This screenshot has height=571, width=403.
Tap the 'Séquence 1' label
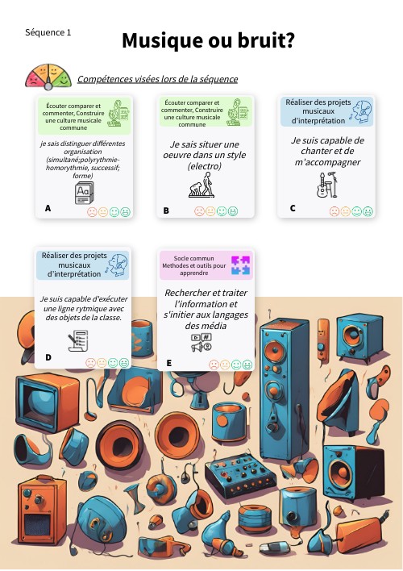point(48,32)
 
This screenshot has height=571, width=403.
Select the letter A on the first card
point(48,208)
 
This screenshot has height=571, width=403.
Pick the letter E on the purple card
point(169,363)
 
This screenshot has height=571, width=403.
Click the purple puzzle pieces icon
point(241,265)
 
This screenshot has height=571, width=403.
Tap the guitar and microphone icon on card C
point(326,185)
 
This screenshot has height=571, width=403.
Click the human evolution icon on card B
point(201,185)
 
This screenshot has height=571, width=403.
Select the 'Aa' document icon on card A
point(85,193)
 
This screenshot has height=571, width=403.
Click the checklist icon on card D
point(78,340)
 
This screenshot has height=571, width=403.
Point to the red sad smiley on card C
point(334,211)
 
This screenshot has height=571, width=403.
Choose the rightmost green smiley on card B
point(233,211)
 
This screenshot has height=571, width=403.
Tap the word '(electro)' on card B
point(204,166)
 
